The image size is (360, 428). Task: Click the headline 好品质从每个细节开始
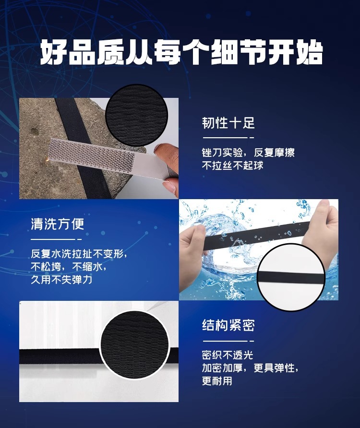coord(180,53)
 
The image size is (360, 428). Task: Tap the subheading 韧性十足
coord(228,123)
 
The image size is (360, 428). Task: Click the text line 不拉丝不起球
coord(232,166)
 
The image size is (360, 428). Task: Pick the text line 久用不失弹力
coord(61,279)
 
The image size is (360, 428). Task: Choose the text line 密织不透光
coord(227,356)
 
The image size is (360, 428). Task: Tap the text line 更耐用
coord(217,381)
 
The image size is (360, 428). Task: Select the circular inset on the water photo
coord(291,277)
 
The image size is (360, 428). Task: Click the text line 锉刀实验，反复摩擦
coord(248,153)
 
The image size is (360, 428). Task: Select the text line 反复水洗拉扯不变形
coord(79,253)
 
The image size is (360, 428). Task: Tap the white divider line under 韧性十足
coord(225,137)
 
